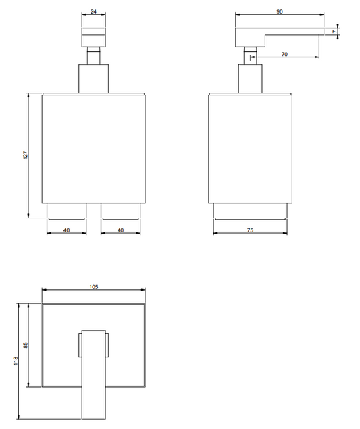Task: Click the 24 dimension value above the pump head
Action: coord(94,11)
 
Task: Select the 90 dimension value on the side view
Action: coord(280,11)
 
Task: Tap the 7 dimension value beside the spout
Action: coord(334,32)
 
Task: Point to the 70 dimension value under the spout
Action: coord(284,55)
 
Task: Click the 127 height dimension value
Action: coord(26,155)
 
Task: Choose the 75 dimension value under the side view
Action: coord(250,230)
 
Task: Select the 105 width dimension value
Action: coord(94,287)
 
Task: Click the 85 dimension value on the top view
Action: coord(26,345)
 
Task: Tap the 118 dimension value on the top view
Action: coord(16,361)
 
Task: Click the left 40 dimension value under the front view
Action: coord(66,230)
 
